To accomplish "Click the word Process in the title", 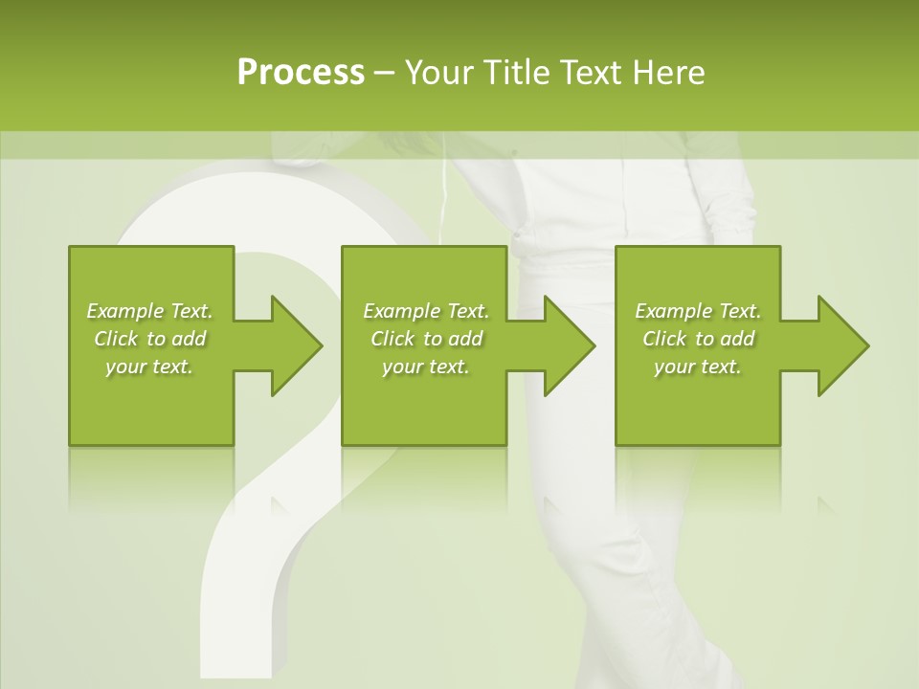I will click(301, 73).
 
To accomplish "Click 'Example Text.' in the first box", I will click(149, 311).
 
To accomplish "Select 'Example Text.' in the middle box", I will click(426, 311).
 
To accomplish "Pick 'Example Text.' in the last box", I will click(698, 311).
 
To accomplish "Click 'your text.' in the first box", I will click(149, 367).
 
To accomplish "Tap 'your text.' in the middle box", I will click(426, 367).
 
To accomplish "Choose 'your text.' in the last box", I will click(698, 367).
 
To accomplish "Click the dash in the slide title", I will click(385, 73).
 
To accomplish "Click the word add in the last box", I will click(737, 339).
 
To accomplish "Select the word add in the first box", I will click(189, 339).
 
